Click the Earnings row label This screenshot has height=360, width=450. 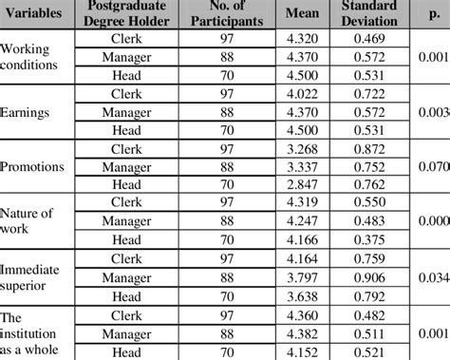tap(28, 112)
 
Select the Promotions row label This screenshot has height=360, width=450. tap(34, 166)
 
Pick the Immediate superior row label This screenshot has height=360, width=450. tap(31, 276)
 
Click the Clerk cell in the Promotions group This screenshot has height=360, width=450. tap(126, 148)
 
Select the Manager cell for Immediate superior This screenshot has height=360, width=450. tap(126, 276)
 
